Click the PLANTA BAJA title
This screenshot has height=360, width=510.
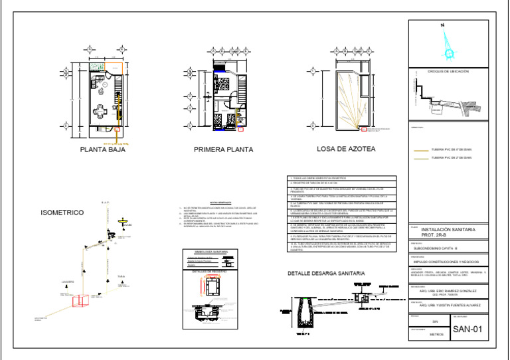(x=103, y=150)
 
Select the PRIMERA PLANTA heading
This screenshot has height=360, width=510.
(x=223, y=150)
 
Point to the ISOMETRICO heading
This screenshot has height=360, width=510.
(x=62, y=213)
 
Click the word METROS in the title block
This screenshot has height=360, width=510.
(x=436, y=335)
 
